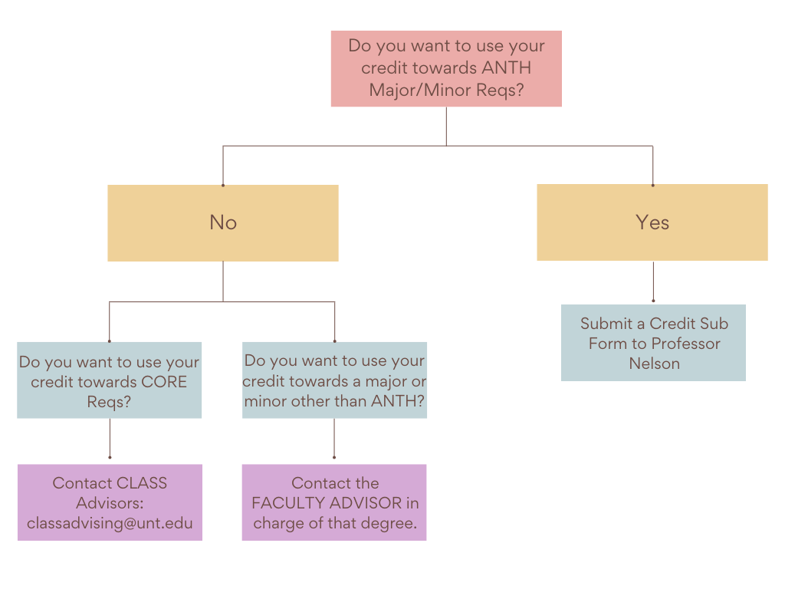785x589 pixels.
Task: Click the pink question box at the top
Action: (446, 68)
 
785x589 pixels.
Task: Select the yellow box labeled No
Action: (222, 222)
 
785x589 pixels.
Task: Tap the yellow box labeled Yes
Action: (652, 222)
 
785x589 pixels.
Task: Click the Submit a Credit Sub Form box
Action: (653, 343)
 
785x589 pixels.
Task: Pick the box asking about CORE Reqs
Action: (109, 380)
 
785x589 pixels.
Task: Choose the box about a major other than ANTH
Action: (334, 380)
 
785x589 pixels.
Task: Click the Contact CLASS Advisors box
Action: (110, 502)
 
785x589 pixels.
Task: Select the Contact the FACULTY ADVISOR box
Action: (334, 502)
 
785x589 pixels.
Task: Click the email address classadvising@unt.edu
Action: (110, 524)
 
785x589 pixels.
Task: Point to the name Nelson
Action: (654, 364)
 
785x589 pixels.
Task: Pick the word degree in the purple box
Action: (386, 524)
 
